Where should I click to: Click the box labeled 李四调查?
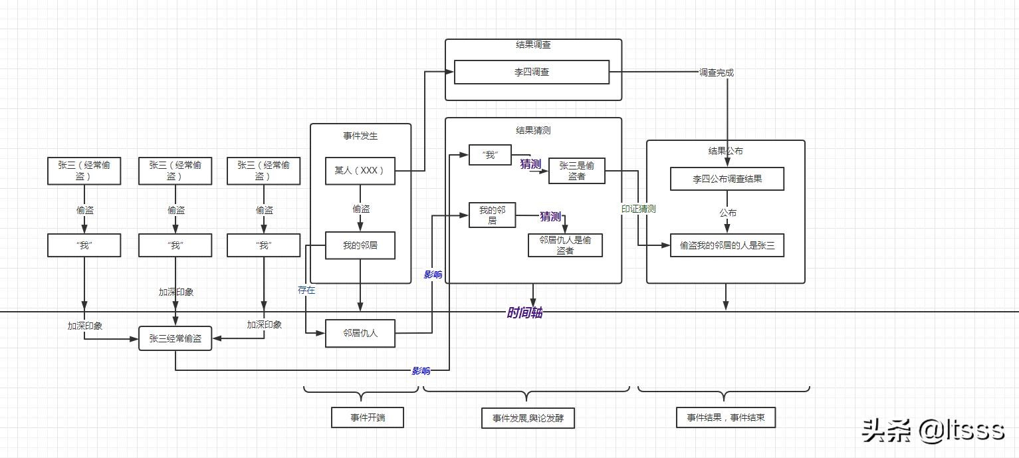pos(531,72)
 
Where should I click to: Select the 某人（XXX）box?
pos(360,171)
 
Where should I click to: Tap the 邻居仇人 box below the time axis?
pos(360,333)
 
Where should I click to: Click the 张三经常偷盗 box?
pos(175,338)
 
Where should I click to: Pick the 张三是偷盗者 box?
pos(576,171)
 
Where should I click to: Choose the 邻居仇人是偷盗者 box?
pos(565,245)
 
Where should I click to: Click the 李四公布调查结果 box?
pos(727,179)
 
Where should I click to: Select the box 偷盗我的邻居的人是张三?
pos(727,245)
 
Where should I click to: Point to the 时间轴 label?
pos(524,312)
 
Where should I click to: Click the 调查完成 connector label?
pos(716,72)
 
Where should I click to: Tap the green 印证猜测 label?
pos(638,209)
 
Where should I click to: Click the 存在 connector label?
pos(306,290)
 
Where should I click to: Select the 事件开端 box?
pos(368,417)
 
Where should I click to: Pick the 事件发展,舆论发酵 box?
pos(528,418)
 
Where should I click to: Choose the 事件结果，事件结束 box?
pos(726,417)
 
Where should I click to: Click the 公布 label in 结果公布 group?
pos(727,213)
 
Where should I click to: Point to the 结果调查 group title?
pos(533,45)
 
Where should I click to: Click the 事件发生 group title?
pos(360,136)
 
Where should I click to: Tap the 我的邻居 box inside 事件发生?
pos(360,245)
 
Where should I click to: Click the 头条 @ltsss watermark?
pos(933,430)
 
